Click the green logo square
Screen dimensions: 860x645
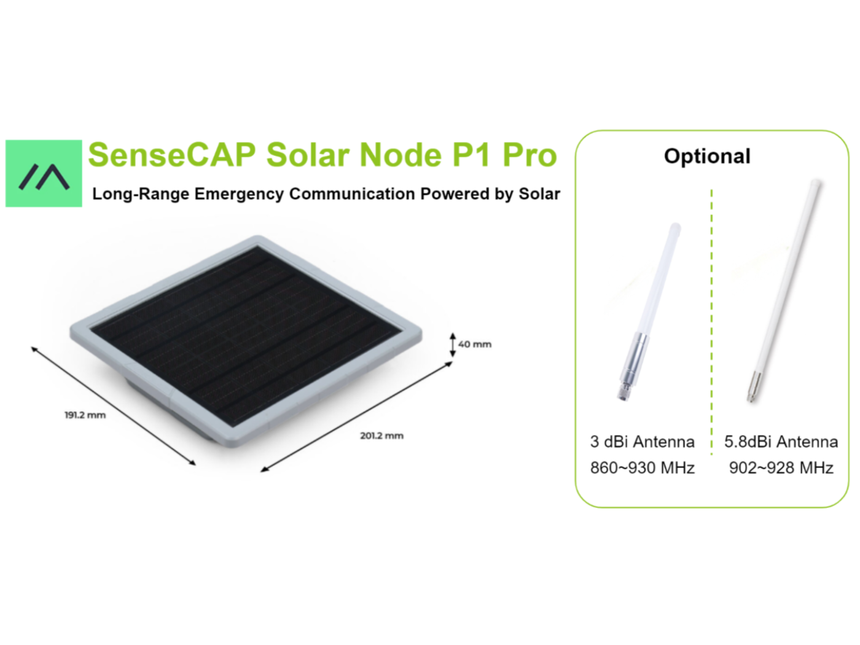click(x=44, y=173)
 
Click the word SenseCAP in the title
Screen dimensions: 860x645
click(x=171, y=155)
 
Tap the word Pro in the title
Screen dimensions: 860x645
click(x=530, y=155)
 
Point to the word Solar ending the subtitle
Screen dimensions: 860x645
click(x=539, y=194)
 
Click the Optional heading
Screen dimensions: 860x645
click(x=707, y=156)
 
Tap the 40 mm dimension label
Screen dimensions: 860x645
click(x=474, y=344)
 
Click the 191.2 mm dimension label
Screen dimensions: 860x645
click(x=85, y=415)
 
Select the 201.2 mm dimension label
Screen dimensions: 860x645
click(x=381, y=436)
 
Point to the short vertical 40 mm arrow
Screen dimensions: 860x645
click(x=453, y=345)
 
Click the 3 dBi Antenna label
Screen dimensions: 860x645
click(x=642, y=442)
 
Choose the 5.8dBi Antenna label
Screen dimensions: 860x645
click(x=781, y=442)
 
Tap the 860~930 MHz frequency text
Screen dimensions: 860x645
click(x=642, y=467)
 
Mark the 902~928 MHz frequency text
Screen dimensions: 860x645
click(x=781, y=467)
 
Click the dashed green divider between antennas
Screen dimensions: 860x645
click(x=711, y=322)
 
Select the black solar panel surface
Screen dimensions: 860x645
click(x=246, y=337)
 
